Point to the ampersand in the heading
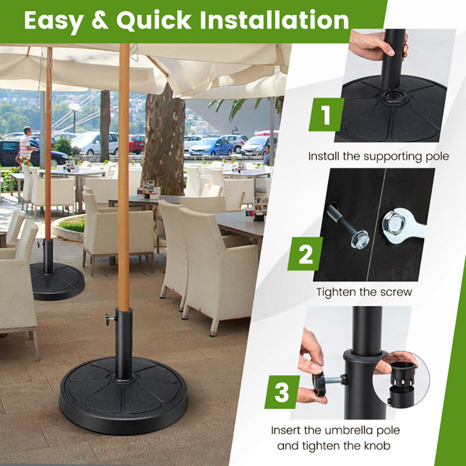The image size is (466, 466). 100,21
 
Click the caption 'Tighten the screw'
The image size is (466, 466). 364,292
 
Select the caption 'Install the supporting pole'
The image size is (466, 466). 378,156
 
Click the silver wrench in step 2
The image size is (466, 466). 401,225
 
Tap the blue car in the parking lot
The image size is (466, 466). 211,146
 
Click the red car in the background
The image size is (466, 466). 137,144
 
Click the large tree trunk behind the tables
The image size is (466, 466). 164,140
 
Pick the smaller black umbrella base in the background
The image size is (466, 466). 57,281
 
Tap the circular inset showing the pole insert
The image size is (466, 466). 400,378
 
